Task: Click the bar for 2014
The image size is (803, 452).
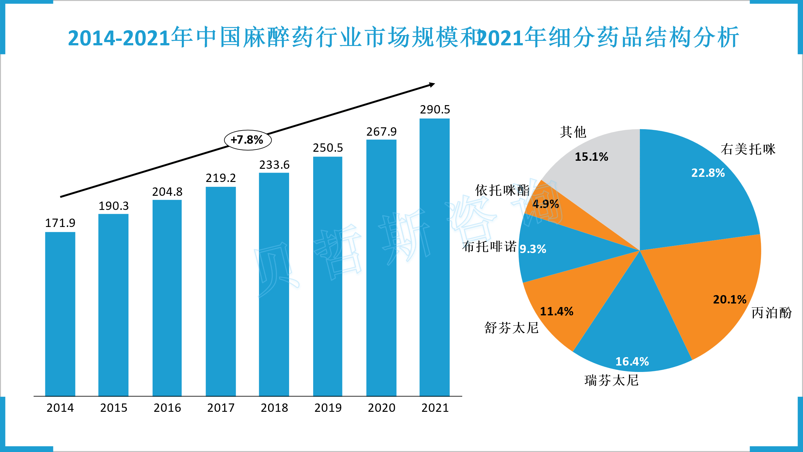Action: pos(60,314)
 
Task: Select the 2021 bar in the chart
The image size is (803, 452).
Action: pos(434,257)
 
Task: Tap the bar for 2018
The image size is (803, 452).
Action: pos(274,285)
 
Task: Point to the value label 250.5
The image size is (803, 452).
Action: pos(328,148)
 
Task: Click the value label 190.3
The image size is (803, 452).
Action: pos(114,206)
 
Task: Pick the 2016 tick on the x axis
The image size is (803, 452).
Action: pos(167,408)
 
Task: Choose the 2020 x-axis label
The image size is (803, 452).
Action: pos(382,408)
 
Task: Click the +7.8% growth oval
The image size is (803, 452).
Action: pos(248,140)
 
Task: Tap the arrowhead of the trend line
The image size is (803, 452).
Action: pos(432,85)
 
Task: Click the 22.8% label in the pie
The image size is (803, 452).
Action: pos(708,173)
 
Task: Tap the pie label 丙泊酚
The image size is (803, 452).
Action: pos(772,313)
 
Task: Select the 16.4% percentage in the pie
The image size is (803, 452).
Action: pos(632,361)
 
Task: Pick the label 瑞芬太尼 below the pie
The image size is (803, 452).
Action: pos(612,380)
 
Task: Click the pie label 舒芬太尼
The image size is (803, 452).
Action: pos(511,328)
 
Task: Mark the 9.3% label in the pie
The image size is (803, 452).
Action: pos(533,249)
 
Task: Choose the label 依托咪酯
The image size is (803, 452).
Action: pos(502,190)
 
